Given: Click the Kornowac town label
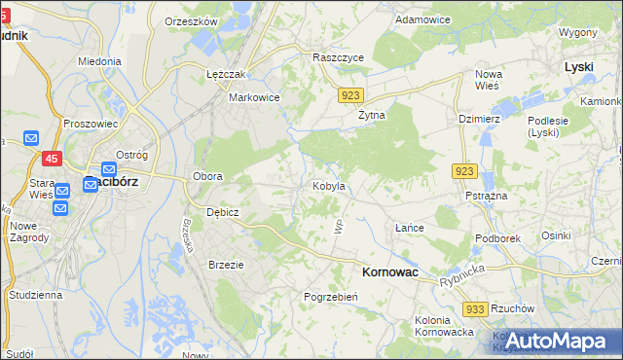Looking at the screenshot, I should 389,273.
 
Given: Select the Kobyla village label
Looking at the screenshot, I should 328,185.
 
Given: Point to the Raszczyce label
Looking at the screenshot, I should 338,57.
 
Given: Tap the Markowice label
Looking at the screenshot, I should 254,97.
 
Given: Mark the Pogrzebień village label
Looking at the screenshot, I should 333,296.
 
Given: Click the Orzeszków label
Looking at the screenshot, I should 190,20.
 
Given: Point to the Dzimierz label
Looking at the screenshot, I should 479,119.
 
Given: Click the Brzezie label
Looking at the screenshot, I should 226,264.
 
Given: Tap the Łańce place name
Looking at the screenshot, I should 410,228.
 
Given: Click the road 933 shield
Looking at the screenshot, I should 475,308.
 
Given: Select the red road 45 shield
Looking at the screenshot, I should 51,159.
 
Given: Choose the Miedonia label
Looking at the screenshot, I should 100,60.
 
